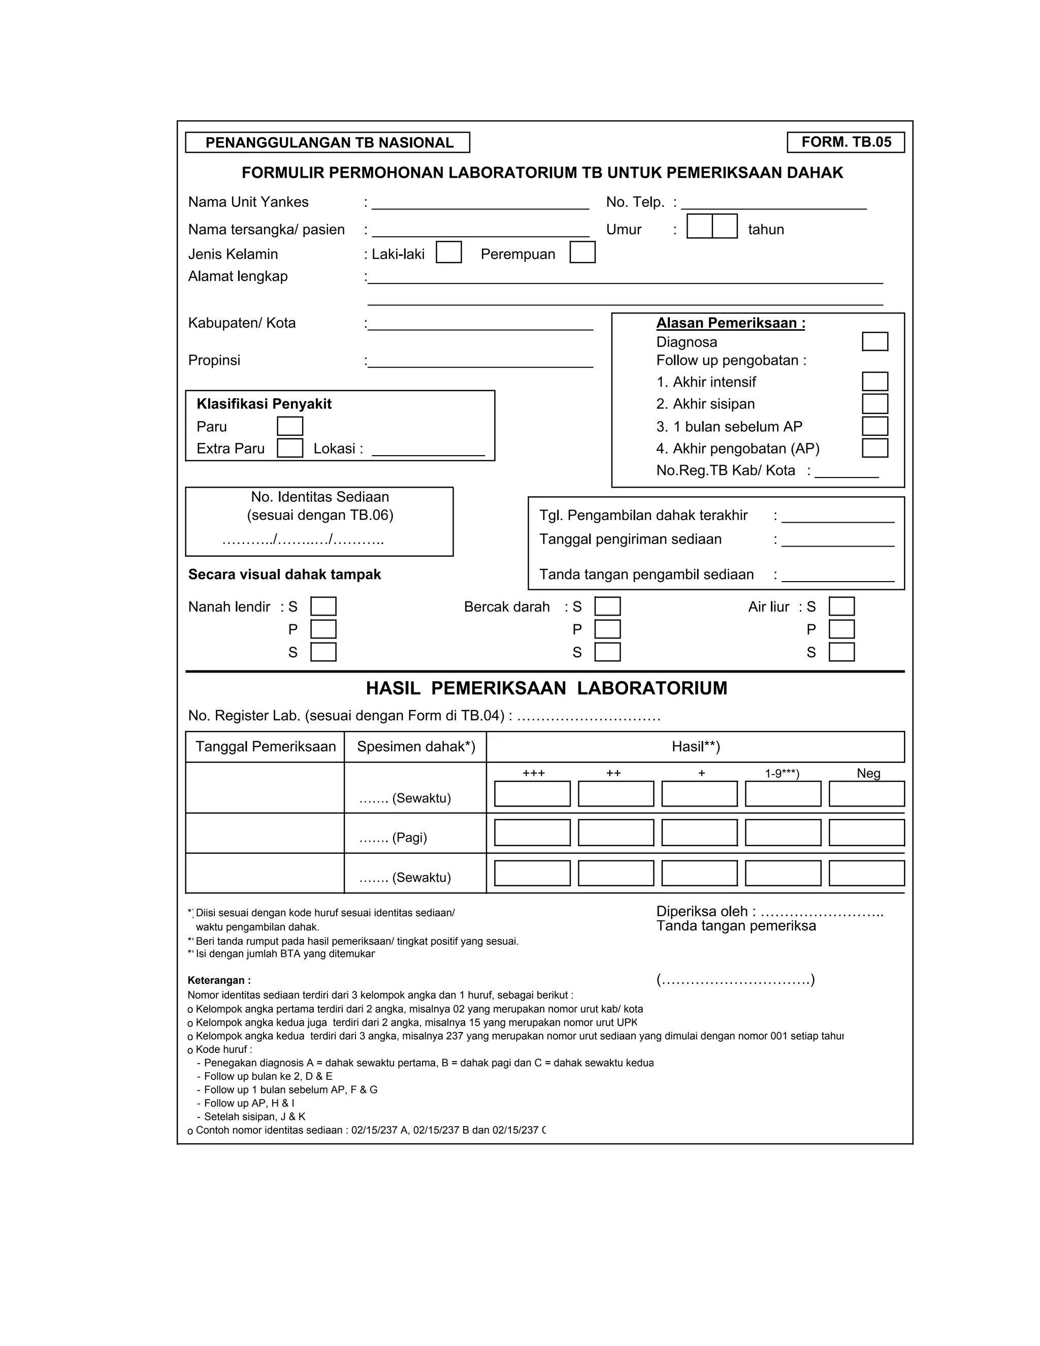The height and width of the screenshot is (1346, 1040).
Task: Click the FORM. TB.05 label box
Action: pos(846,142)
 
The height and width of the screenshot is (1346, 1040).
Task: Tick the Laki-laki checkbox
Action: pos(448,252)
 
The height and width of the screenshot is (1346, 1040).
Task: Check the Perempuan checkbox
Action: pos(582,252)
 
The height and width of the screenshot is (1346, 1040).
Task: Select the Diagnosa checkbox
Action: pos(874,341)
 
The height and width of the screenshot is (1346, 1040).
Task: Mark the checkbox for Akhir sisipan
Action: pos(874,404)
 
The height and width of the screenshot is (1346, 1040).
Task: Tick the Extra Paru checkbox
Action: pos(289,448)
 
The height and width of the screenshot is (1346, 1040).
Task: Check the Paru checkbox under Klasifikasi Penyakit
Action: pos(289,426)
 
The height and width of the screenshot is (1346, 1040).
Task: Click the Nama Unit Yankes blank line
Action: pos(480,205)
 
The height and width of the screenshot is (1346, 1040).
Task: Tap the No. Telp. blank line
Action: pos(773,205)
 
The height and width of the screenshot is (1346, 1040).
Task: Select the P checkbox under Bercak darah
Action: pos(607,629)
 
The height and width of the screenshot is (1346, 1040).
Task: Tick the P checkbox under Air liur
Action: pos(841,629)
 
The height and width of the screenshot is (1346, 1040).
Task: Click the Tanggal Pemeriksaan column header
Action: pos(266,747)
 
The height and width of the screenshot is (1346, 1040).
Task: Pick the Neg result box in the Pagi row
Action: pos(866,832)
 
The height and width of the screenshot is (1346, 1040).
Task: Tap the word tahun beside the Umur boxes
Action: pos(765,230)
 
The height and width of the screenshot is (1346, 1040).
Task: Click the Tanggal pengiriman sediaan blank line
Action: pos(837,542)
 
